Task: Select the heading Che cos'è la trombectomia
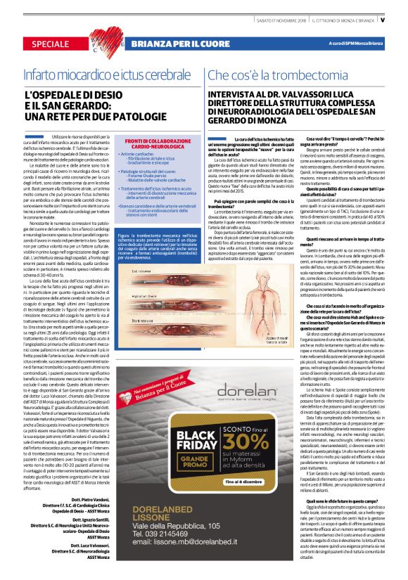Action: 268,74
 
